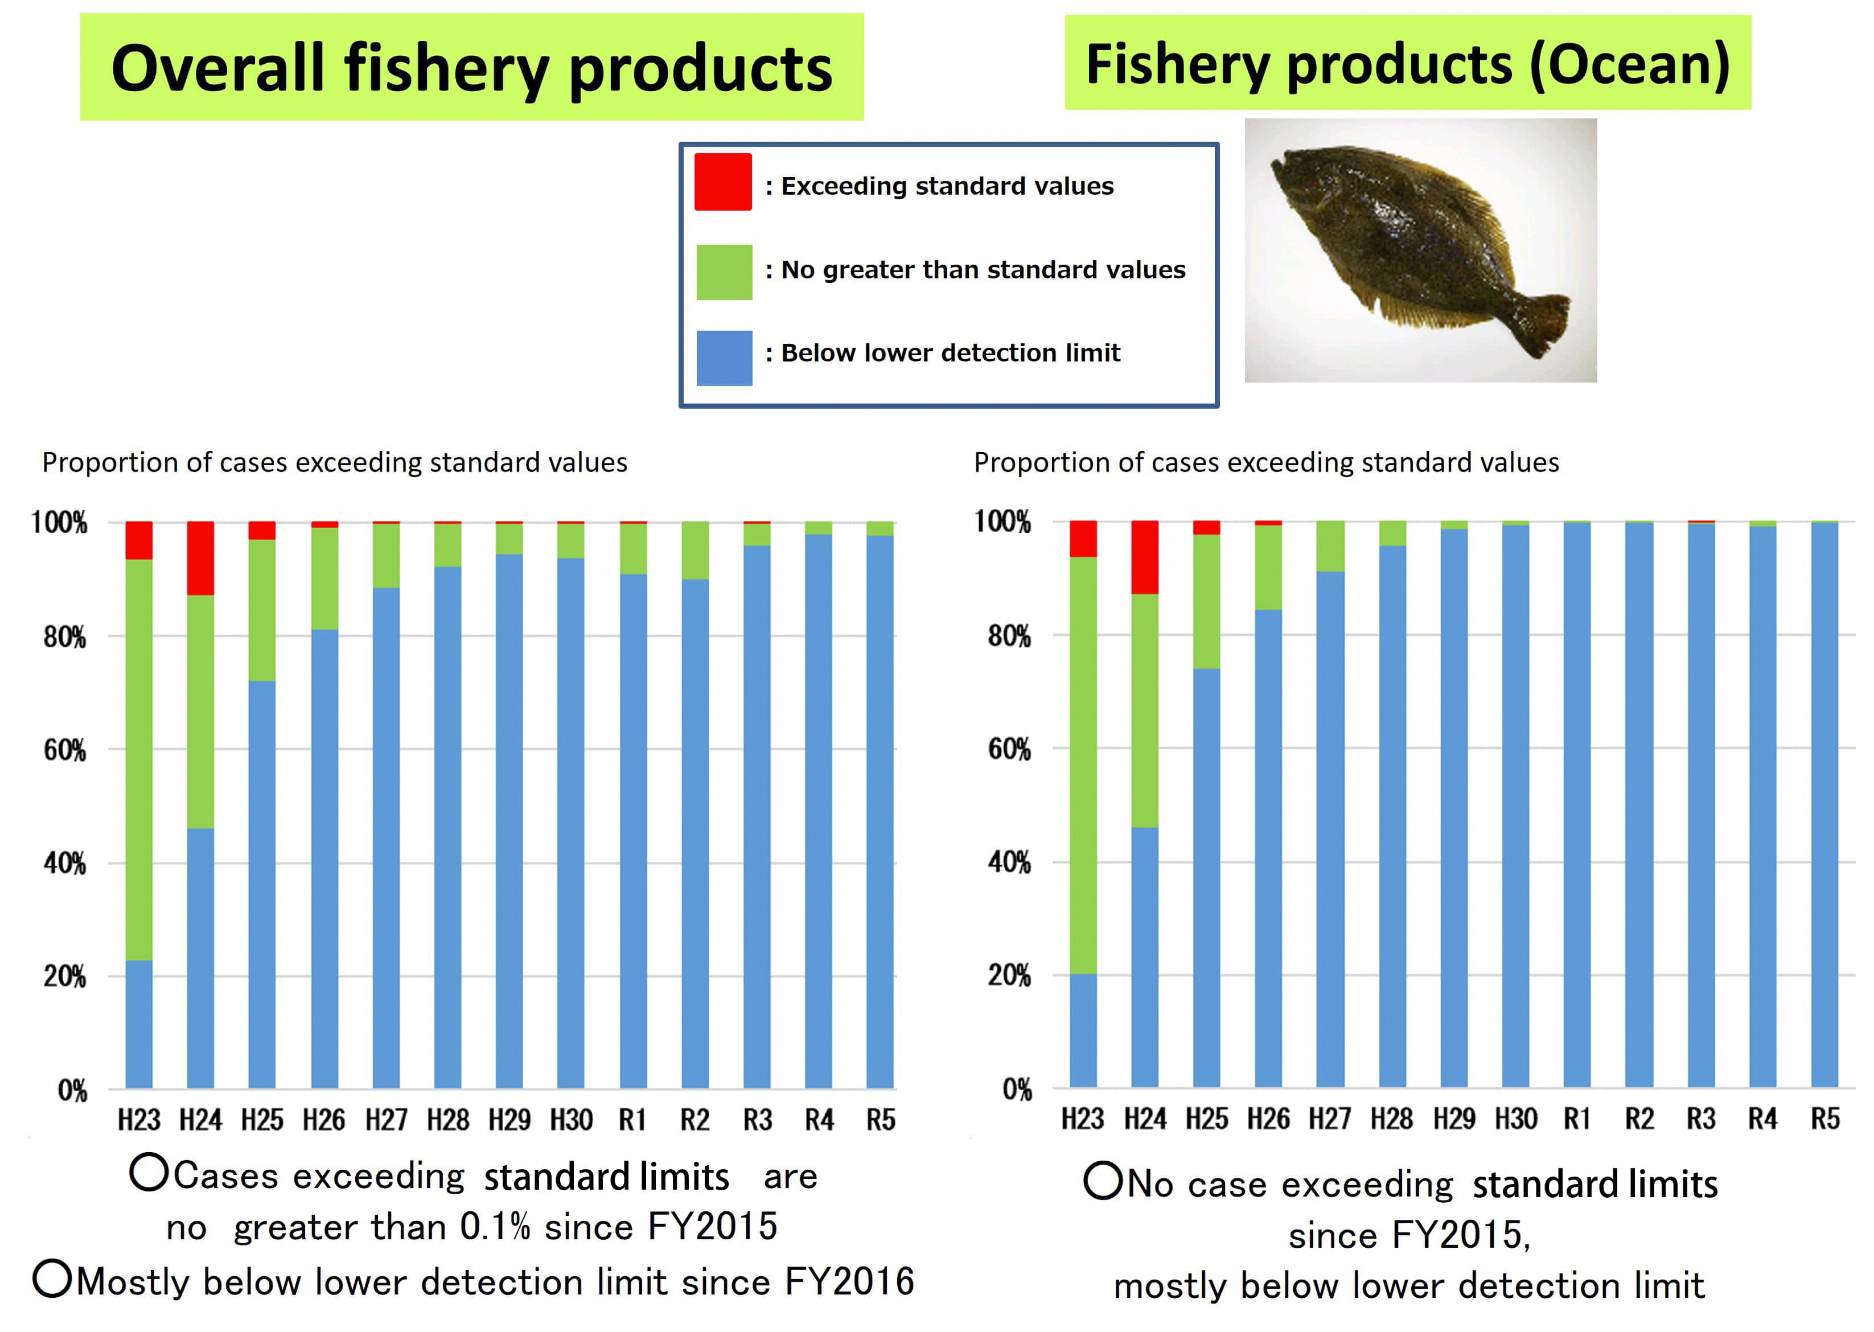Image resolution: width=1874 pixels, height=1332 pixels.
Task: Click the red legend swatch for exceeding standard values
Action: click(x=722, y=182)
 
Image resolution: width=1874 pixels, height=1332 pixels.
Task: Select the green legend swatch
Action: click(x=724, y=272)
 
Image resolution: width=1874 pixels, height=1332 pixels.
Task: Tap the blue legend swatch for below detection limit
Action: click(x=724, y=357)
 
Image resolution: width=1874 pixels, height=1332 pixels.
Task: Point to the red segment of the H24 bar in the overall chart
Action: click(x=200, y=558)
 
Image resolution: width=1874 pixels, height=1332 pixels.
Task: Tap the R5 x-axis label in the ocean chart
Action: click(x=1825, y=1119)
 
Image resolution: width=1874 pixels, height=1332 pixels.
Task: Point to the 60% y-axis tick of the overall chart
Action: click(x=65, y=750)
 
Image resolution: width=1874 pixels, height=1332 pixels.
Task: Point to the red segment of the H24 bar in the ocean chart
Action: click(x=1144, y=557)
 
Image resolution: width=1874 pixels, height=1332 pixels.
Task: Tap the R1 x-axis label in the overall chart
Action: click(x=632, y=1120)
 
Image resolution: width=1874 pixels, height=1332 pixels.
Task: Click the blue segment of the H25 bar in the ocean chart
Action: click(x=1206, y=878)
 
